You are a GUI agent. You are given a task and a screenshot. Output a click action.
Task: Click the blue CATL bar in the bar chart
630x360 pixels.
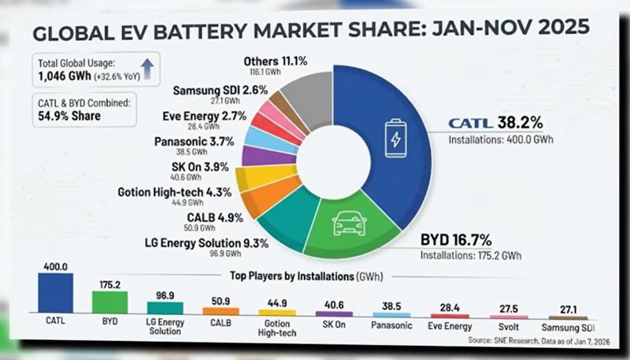point(56,294)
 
